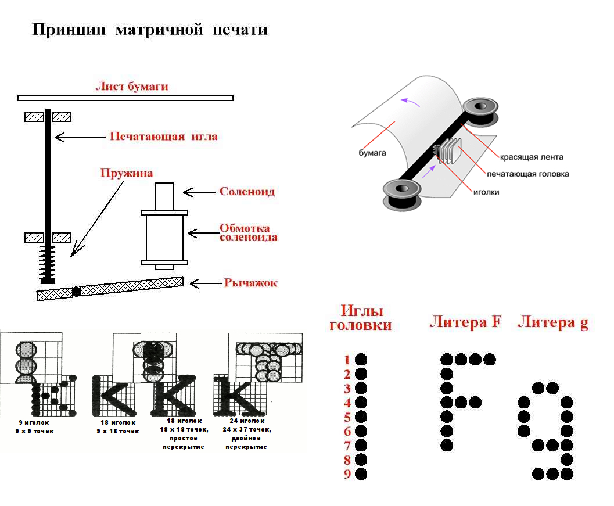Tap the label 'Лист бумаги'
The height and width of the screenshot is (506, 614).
pyautogui.click(x=132, y=87)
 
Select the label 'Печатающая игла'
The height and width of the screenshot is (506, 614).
pyautogui.click(x=164, y=137)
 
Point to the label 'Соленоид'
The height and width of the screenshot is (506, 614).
pyautogui.click(x=247, y=191)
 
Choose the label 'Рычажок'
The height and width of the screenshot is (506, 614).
pyautogui.click(x=250, y=283)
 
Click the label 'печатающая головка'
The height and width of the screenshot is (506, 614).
pyautogui.click(x=527, y=174)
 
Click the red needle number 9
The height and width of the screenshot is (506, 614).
pyautogui.click(x=347, y=474)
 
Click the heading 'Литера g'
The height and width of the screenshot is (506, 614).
pyautogui.click(x=552, y=323)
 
